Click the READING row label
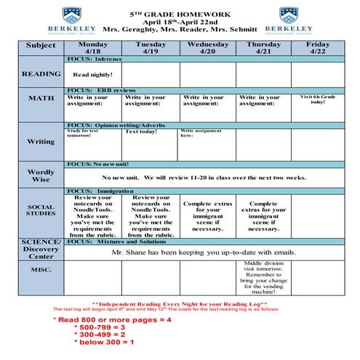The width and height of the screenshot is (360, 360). pos(41,74)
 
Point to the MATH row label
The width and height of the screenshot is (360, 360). pos(41,98)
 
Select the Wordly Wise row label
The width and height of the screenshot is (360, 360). pos(41,176)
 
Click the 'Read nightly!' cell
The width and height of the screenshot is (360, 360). pos(92,75)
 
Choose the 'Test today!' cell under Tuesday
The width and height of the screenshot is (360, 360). pos(142,132)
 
